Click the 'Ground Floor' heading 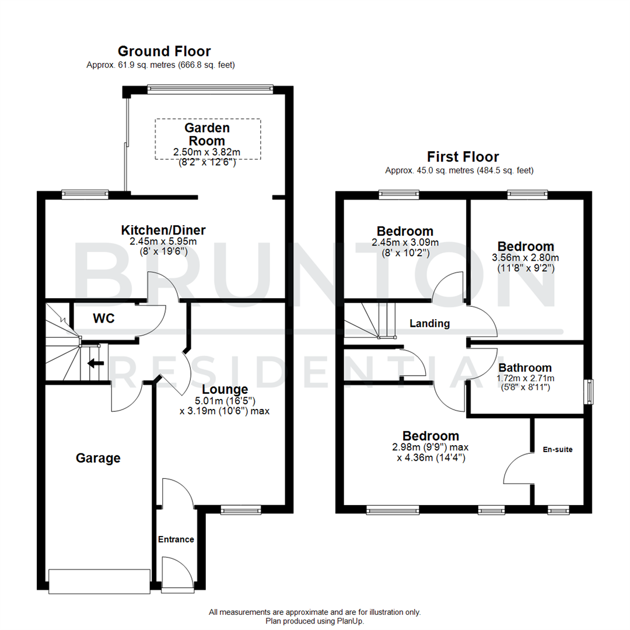164,51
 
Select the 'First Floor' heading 463,156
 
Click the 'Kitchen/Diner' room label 163,230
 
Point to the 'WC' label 104,319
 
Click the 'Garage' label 98,458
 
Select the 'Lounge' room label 225,389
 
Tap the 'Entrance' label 176,540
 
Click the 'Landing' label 429,323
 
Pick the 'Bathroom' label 525,367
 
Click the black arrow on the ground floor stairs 95,363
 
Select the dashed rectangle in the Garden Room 207,139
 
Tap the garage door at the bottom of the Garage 99,581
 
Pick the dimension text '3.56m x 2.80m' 526,258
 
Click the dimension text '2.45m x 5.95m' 163,242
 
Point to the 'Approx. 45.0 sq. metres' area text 459,171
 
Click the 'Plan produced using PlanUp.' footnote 314,621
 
